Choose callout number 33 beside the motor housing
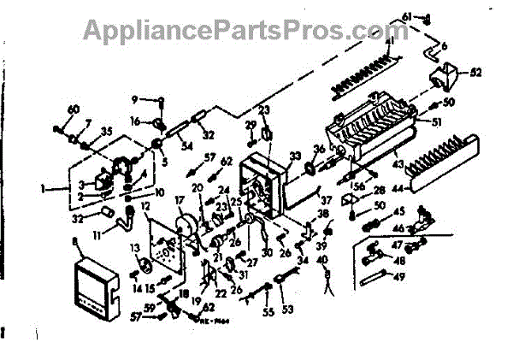tap(295, 156)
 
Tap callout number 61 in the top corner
tap(407, 17)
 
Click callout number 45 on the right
tap(398, 212)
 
